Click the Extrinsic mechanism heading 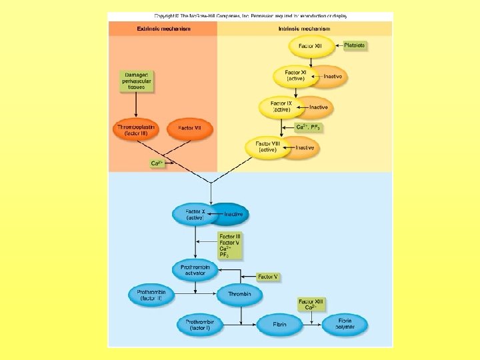[x=163, y=29]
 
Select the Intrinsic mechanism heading [x=305, y=29]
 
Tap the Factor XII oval [x=311, y=47]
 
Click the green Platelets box [x=355, y=45]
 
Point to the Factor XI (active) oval [x=293, y=75]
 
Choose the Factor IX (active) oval [x=281, y=106]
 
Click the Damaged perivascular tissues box [x=136, y=81]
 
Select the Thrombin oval [x=239, y=295]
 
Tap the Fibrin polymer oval [x=345, y=325]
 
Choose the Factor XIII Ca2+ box [x=311, y=305]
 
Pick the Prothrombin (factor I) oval [x=199, y=325]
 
